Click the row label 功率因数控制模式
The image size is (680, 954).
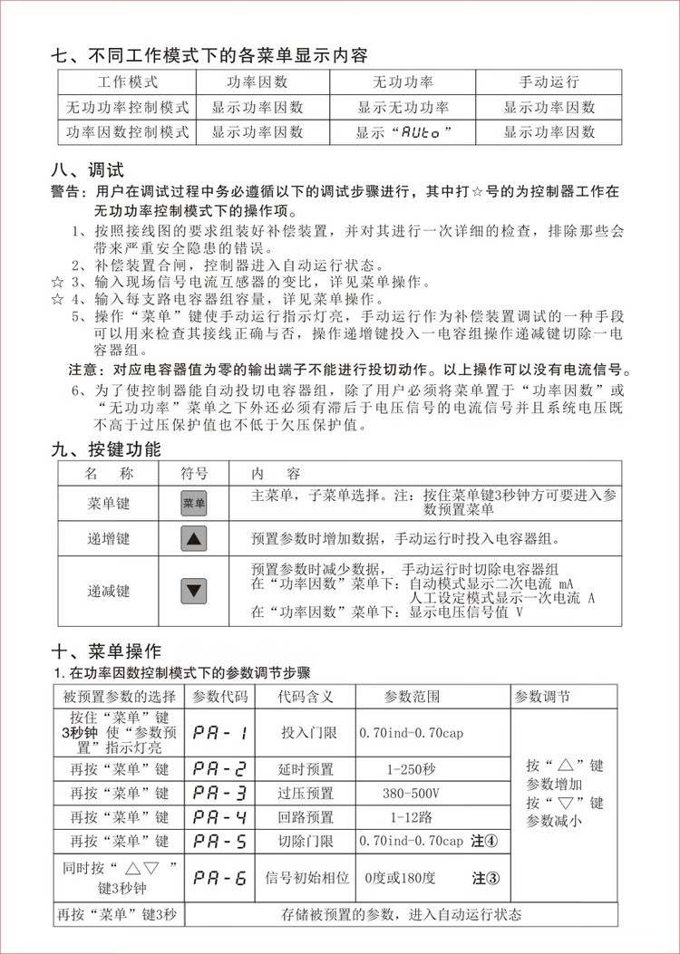tap(128, 131)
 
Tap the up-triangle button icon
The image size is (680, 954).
tap(194, 539)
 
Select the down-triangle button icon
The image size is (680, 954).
tap(194, 591)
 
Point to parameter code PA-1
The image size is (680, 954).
tap(220, 733)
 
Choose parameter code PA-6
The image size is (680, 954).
tap(220, 878)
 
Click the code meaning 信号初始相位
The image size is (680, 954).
tap(306, 878)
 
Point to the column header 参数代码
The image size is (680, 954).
tap(220, 697)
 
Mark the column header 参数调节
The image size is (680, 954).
tap(542, 697)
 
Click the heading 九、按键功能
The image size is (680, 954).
tap(106, 449)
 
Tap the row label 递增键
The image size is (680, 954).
tap(108, 539)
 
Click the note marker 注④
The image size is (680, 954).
tap(485, 841)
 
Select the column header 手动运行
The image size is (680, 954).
tap(549, 82)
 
